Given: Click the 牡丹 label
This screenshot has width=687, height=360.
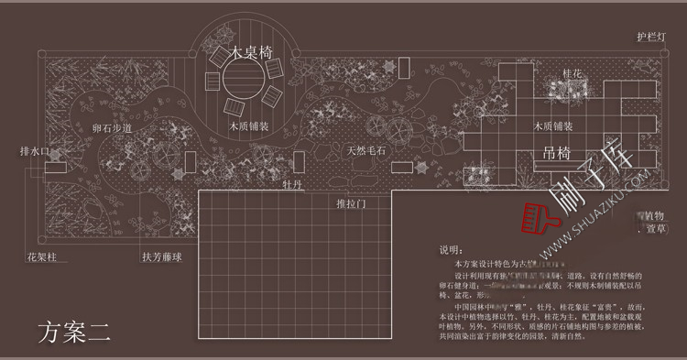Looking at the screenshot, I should (x=293, y=185).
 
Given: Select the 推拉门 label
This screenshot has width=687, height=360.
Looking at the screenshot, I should (x=351, y=202).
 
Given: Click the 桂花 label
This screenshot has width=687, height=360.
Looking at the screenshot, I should (x=572, y=72).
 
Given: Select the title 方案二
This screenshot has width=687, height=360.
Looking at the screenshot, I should (x=74, y=331).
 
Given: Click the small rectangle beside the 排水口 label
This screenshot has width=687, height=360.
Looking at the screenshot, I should (x=56, y=167).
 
